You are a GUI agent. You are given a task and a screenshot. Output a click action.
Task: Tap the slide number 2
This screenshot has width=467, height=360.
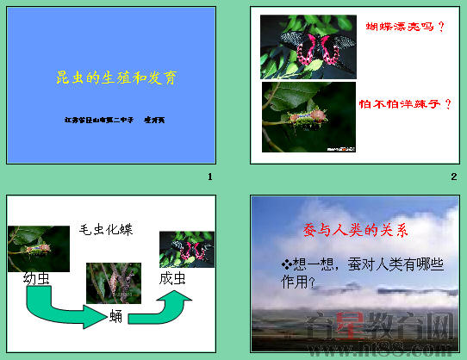tap(453, 177)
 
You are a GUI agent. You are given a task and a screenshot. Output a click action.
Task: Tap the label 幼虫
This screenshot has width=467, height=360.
tap(37, 278)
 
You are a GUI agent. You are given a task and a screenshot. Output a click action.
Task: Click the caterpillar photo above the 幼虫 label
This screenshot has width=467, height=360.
tap(39, 248)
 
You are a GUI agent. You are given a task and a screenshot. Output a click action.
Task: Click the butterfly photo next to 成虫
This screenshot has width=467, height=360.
tap(187, 250)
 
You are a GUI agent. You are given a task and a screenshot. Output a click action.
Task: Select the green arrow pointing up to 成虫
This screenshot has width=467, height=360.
tap(173, 303)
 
